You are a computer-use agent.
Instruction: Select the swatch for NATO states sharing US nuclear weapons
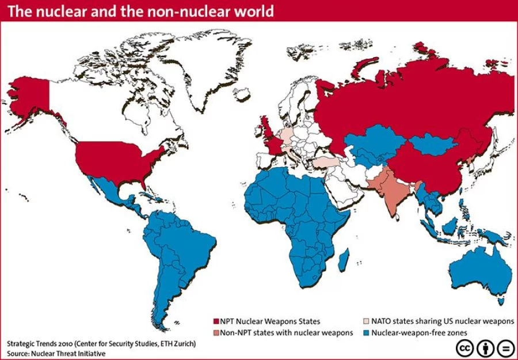tap(365, 321)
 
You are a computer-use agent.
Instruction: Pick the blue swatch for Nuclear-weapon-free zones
tap(365, 333)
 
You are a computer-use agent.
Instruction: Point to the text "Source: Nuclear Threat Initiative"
tap(56, 353)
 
